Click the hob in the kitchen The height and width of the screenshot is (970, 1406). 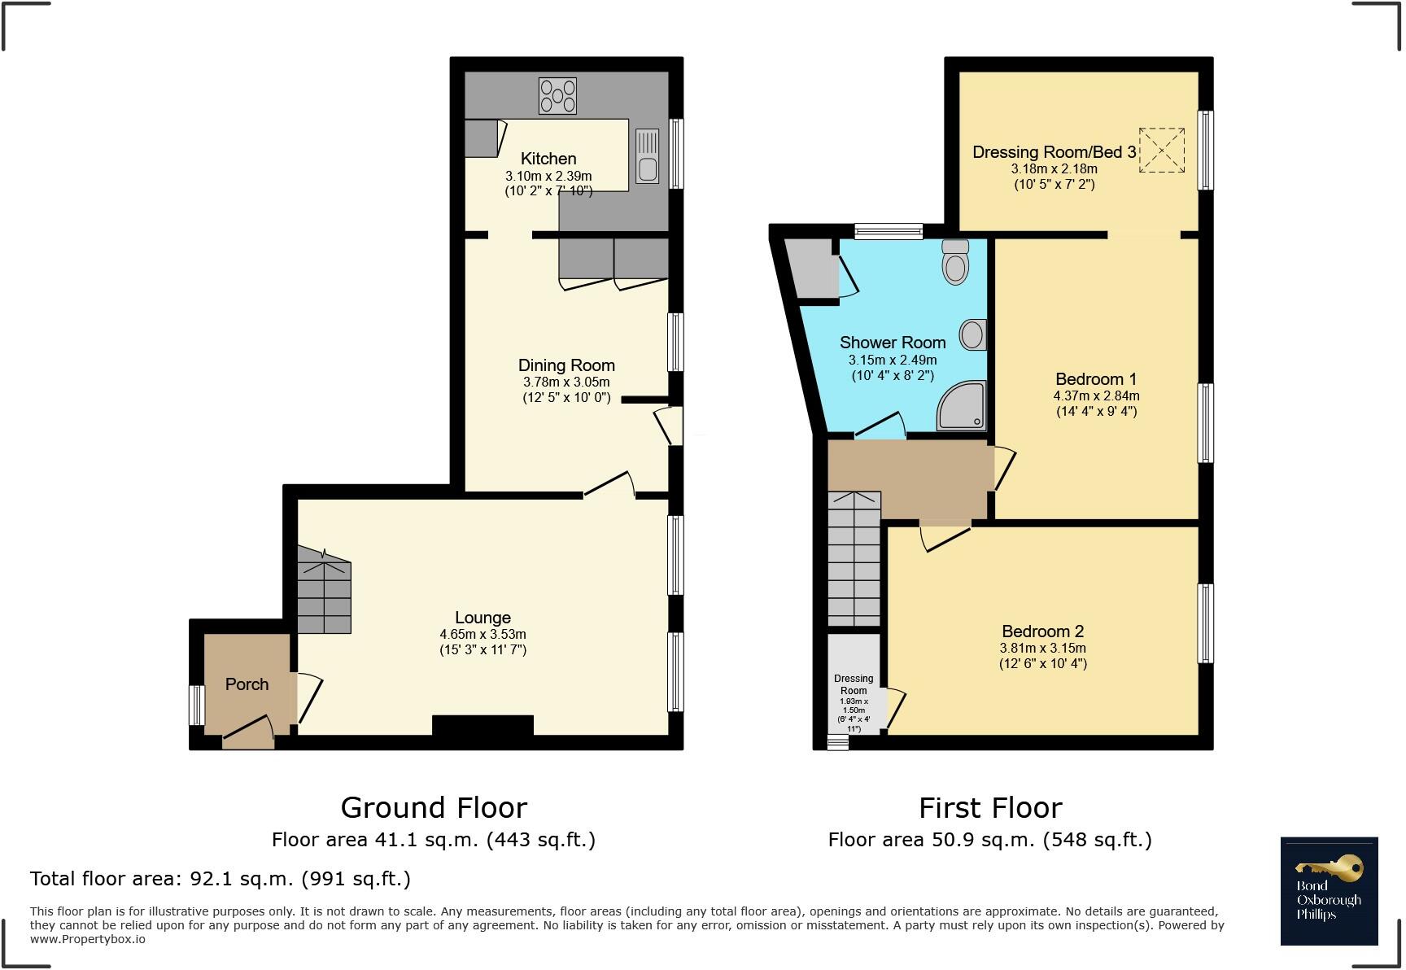pos(557,95)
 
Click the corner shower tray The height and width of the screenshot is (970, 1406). pos(963,406)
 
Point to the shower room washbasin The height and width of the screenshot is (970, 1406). pos(973,334)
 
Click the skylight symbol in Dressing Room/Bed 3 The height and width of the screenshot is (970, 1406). pos(1161,150)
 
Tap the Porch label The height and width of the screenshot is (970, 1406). pos(247,684)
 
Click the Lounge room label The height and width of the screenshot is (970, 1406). pos(482,618)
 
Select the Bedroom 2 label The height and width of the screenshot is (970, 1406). pos(1042,631)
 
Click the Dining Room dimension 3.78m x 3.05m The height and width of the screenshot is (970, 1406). pos(565,382)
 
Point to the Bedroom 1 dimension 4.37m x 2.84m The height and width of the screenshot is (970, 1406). pos(1096,395)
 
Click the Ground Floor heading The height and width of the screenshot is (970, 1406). pos(434,808)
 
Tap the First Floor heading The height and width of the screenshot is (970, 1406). pos(990,808)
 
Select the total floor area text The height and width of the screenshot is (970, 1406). pos(221,879)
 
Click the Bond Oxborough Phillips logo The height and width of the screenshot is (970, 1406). pos(1329,891)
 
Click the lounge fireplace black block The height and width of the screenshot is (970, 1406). pos(482,725)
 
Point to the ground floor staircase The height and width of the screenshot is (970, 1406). pos(324,591)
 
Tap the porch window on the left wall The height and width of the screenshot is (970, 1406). pos(196,705)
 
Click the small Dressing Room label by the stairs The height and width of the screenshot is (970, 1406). pos(854,684)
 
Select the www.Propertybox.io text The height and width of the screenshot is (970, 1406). pos(88,939)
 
